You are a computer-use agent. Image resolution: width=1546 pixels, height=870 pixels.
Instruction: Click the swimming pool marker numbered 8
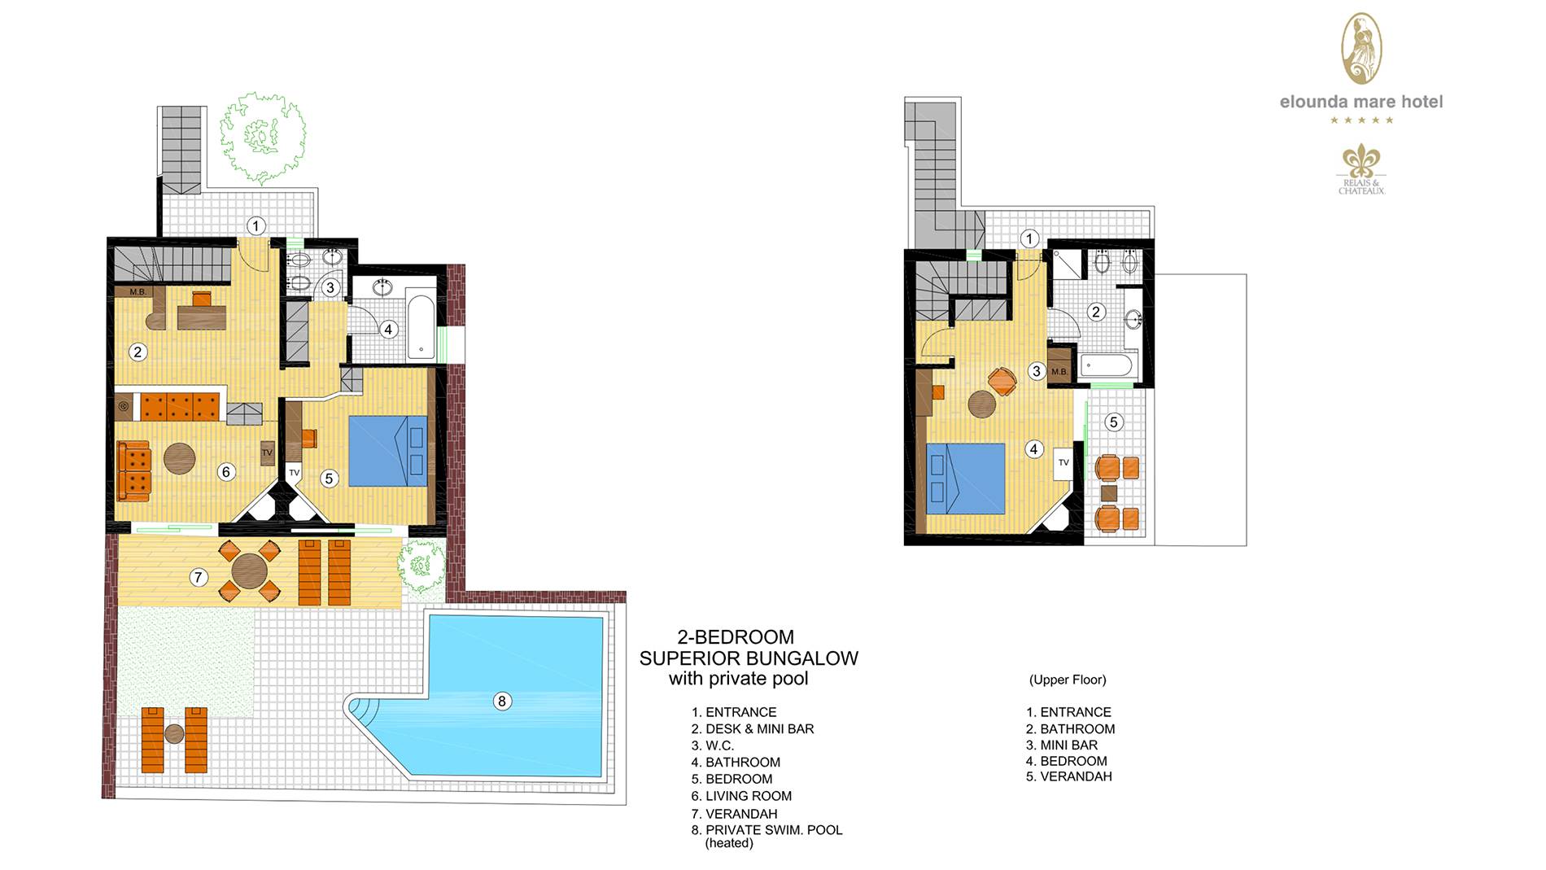(502, 701)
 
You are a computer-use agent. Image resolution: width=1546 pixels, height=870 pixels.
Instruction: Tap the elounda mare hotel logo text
(1361, 102)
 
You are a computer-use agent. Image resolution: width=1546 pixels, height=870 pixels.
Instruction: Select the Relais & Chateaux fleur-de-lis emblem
(1361, 161)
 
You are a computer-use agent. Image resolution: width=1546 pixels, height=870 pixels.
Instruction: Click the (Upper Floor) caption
(1068, 680)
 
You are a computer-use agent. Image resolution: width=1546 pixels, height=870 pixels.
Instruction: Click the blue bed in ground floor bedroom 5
(388, 451)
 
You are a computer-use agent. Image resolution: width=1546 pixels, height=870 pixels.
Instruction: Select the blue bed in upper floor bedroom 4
(966, 479)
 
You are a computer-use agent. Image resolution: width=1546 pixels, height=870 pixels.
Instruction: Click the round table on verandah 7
(248, 571)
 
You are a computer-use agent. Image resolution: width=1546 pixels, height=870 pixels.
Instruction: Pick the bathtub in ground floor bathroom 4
(421, 326)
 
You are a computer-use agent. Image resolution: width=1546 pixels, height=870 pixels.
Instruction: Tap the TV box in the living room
(267, 452)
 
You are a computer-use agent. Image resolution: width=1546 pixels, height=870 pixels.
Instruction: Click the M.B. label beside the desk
(138, 291)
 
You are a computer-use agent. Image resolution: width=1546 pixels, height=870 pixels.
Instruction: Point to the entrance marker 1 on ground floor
(256, 225)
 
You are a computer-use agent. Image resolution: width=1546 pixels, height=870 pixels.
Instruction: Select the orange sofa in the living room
(134, 471)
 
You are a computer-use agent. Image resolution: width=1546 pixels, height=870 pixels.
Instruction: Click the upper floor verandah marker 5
(1114, 422)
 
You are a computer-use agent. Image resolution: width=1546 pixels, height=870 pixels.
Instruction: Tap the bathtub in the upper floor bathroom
(1106, 365)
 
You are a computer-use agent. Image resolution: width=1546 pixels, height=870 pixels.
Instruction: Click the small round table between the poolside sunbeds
(174, 734)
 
